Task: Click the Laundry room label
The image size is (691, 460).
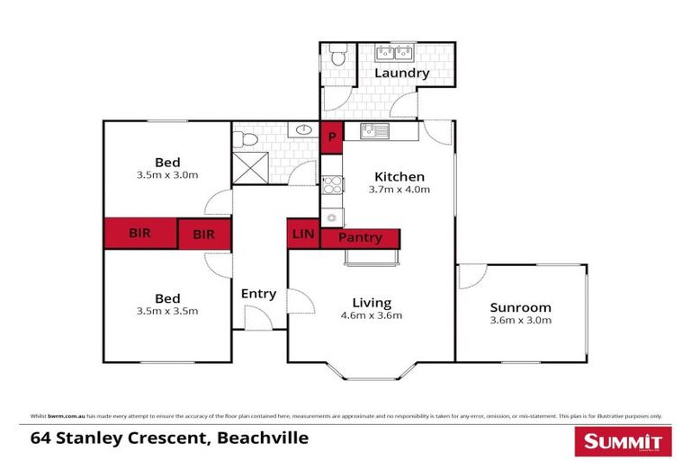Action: tap(401, 74)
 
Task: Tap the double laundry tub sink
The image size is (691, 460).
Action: tap(393, 53)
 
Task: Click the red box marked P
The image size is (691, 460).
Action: tap(331, 137)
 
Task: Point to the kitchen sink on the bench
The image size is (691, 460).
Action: tap(373, 131)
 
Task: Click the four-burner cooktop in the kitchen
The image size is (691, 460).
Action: tap(331, 185)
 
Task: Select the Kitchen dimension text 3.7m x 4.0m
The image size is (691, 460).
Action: tap(399, 190)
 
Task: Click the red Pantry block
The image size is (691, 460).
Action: tap(360, 238)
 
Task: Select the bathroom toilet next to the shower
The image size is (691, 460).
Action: tap(243, 140)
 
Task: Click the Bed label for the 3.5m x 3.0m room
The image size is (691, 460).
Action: tap(167, 163)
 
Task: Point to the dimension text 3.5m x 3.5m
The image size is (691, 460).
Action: tap(167, 311)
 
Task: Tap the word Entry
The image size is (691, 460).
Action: tap(258, 294)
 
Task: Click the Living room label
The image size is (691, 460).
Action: tap(371, 303)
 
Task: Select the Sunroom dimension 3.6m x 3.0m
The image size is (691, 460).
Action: tap(520, 320)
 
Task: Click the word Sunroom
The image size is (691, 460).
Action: tap(520, 307)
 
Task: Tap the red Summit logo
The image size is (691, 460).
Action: tap(622, 441)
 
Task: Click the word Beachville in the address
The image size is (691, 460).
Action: tap(262, 438)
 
